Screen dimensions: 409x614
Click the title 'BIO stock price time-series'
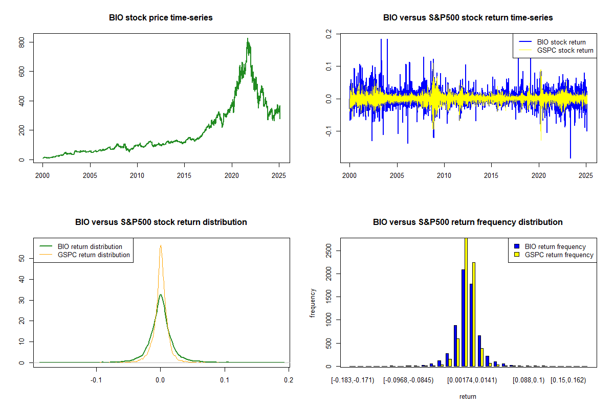(x=161, y=18)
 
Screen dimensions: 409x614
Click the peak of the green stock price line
(x=248, y=39)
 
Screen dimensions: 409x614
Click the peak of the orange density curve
(x=161, y=245)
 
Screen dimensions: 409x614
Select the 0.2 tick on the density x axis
(x=289, y=380)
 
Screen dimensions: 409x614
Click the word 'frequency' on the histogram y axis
(x=313, y=303)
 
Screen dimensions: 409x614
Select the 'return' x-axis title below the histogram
(x=468, y=396)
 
